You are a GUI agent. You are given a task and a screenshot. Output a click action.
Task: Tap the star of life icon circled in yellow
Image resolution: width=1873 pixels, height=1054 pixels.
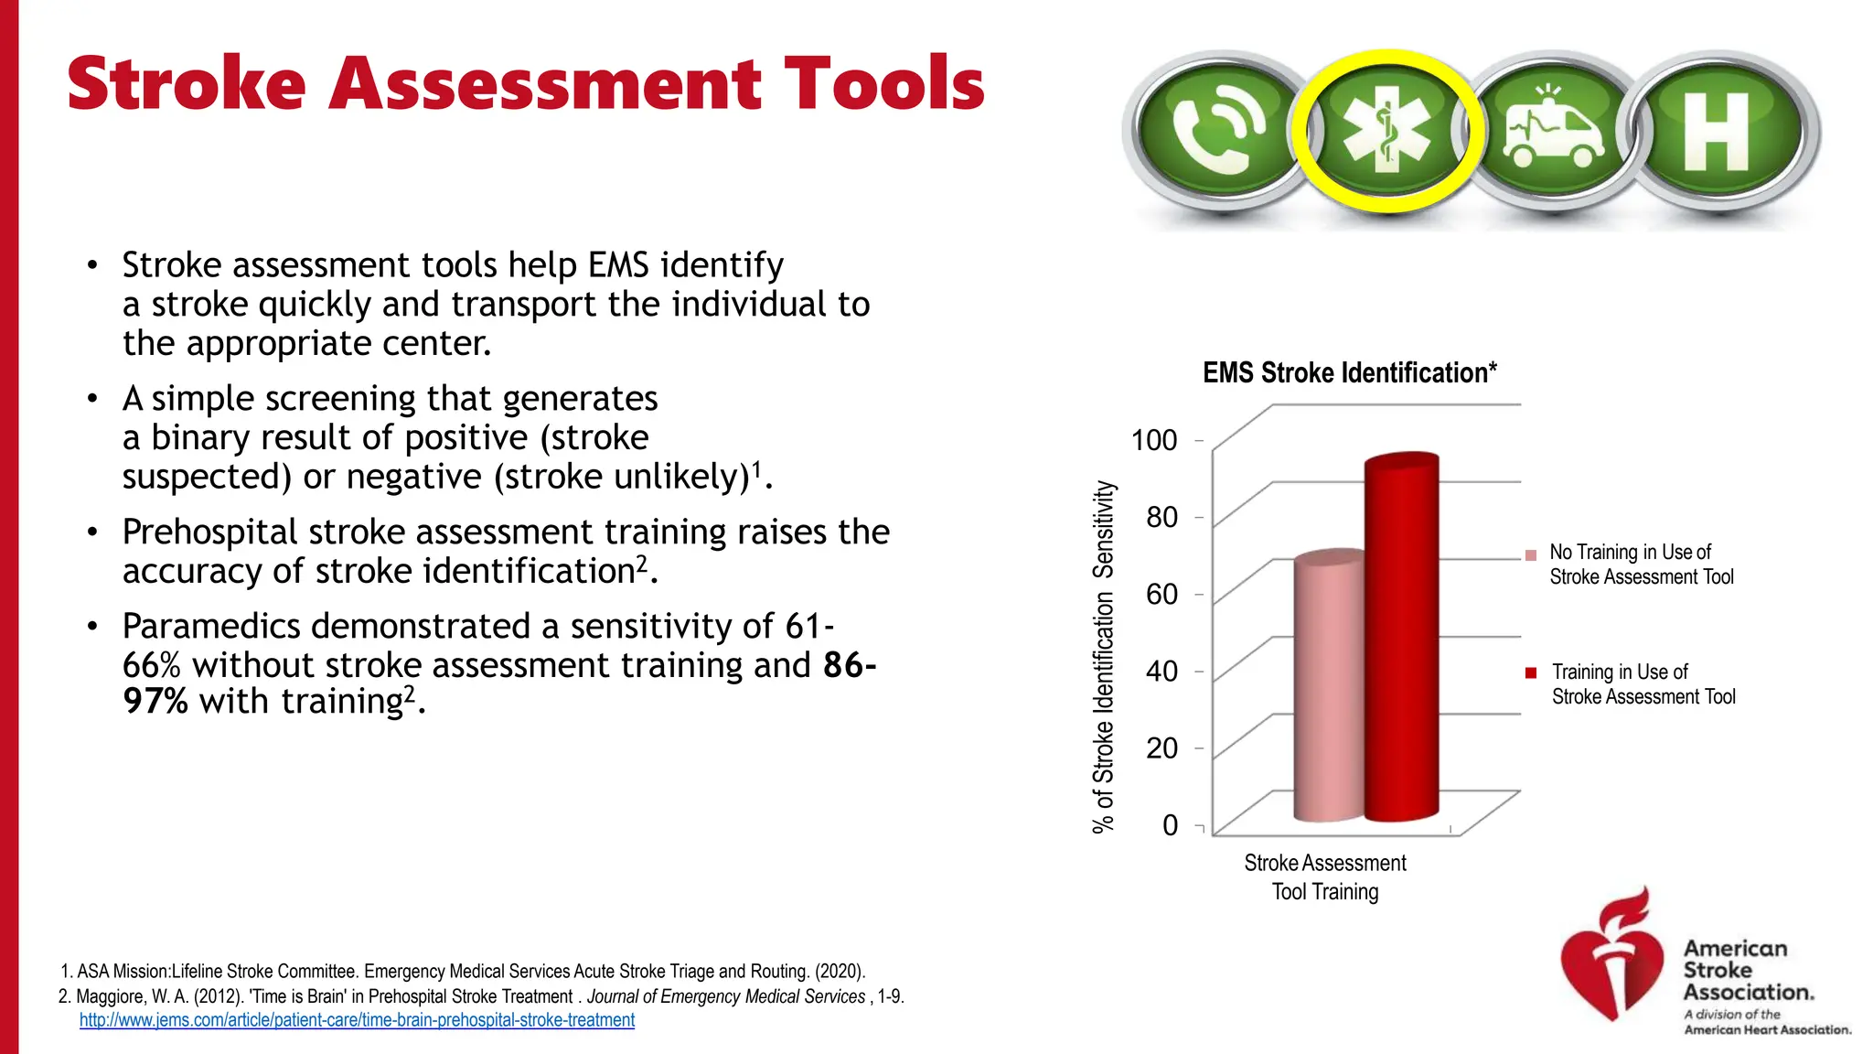pos(1387,132)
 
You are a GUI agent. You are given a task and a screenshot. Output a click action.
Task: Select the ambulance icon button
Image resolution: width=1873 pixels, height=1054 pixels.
pos(1552,132)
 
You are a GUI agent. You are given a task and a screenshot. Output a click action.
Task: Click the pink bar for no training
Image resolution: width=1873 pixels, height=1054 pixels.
pos(1328,686)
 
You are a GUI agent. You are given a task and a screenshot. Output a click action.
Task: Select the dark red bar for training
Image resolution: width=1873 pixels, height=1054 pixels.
pos(1401,640)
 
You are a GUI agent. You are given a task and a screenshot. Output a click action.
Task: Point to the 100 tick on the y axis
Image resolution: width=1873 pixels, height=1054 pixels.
pos(1154,440)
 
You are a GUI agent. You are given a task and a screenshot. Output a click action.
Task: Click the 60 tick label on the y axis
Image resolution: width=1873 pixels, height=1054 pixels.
pos(1161,595)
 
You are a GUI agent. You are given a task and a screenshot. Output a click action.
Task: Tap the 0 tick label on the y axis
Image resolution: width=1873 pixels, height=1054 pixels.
pos(1170,825)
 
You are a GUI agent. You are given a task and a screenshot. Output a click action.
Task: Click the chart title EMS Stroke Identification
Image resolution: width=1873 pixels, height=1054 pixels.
pos(1349,372)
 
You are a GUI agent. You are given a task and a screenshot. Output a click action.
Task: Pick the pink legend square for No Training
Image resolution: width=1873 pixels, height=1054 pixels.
pos(1531,555)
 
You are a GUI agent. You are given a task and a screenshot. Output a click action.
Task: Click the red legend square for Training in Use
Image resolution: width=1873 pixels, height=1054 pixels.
pos(1531,673)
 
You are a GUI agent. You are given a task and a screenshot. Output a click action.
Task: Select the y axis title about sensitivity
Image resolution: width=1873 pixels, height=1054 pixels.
pos(1104,657)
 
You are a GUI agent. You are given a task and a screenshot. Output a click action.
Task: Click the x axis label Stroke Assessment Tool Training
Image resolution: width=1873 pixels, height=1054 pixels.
pos(1324,877)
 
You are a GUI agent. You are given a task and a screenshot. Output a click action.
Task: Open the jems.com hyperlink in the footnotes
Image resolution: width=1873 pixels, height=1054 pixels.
pos(357,1020)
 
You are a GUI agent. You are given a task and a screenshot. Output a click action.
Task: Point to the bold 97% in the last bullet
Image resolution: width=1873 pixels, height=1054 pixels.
pos(155,702)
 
